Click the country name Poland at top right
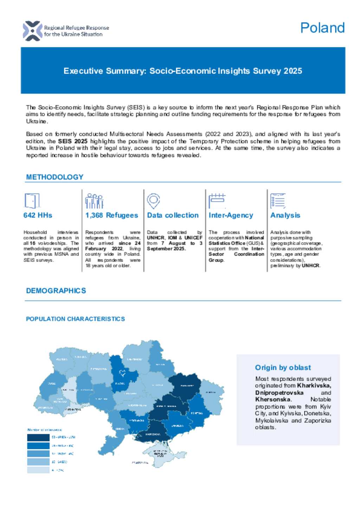point(322,28)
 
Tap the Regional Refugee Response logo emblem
point(32,31)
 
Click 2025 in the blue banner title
point(292,71)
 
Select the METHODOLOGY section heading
point(54,177)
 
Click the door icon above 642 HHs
point(32,201)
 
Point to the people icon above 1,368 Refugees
point(94,201)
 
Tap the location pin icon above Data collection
point(153,201)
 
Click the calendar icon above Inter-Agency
point(217,201)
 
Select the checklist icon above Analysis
point(278,201)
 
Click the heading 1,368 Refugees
point(111,215)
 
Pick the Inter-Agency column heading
point(231,215)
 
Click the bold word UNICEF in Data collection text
point(193,238)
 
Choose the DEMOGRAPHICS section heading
point(56,291)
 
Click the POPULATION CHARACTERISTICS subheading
point(75,319)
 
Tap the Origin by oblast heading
point(283,368)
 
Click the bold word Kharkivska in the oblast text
point(314,386)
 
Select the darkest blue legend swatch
point(38,437)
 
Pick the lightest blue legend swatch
point(38,470)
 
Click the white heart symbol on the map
point(122,373)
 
